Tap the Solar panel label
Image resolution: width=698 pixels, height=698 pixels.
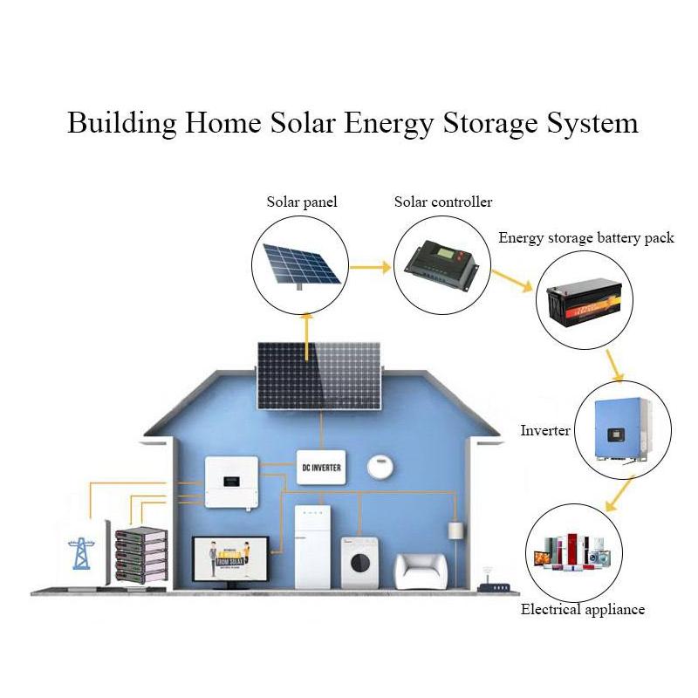tap(302, 202)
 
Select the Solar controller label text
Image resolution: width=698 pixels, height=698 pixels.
tap(443, 202)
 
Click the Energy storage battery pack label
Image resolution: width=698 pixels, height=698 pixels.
tap(586, 237)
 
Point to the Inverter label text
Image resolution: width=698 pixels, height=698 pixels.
tap(545, 430)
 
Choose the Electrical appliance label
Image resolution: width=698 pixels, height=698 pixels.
tap(583, 609)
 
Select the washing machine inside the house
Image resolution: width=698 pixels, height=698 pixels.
tap(359, 561)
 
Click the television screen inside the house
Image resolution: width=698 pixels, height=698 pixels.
tap(227, 558)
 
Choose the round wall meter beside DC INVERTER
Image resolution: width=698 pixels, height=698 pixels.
tap(377, 466)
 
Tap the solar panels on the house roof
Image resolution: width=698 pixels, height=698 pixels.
tap(318, 375)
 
